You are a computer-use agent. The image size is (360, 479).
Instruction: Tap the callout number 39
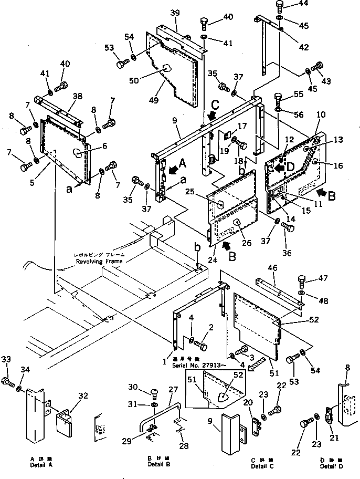pos(175,13)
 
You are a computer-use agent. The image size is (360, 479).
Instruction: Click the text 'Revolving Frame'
pos(99,261)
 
